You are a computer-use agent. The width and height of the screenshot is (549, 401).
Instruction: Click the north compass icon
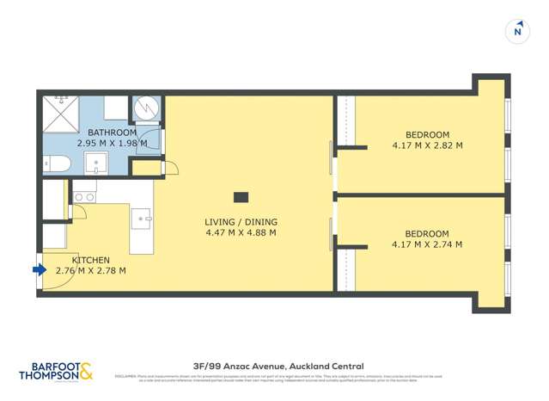pos(517,31)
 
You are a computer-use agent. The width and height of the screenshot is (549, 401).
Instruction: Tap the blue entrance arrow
pos(39,270)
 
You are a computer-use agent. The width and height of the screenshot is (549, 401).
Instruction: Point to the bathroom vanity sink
pos(101,162)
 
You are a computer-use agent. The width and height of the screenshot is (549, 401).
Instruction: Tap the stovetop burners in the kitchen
pos(83,197)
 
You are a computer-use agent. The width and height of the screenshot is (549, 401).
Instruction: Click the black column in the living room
pos(241,196)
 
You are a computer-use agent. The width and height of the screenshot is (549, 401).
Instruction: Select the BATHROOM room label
pos(112,133)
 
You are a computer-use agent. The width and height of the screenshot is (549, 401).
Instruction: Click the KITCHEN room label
pos(90,259)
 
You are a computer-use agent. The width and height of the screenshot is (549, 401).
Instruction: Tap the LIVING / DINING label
pos(241,222)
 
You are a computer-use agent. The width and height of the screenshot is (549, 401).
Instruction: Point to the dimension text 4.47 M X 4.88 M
pos(241,232)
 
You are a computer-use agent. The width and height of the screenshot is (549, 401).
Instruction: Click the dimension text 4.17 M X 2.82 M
pos(427,145)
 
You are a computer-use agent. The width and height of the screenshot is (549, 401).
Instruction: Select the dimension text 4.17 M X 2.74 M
pos(427,244)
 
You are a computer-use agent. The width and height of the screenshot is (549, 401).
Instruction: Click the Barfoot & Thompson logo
pos(56,371)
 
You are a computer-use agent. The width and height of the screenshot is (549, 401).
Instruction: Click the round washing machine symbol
pos(145,108)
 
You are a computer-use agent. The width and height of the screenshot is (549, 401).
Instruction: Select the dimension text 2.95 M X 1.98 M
pos(112,144)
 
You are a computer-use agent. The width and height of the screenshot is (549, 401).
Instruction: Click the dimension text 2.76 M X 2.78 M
pos(90,270)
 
